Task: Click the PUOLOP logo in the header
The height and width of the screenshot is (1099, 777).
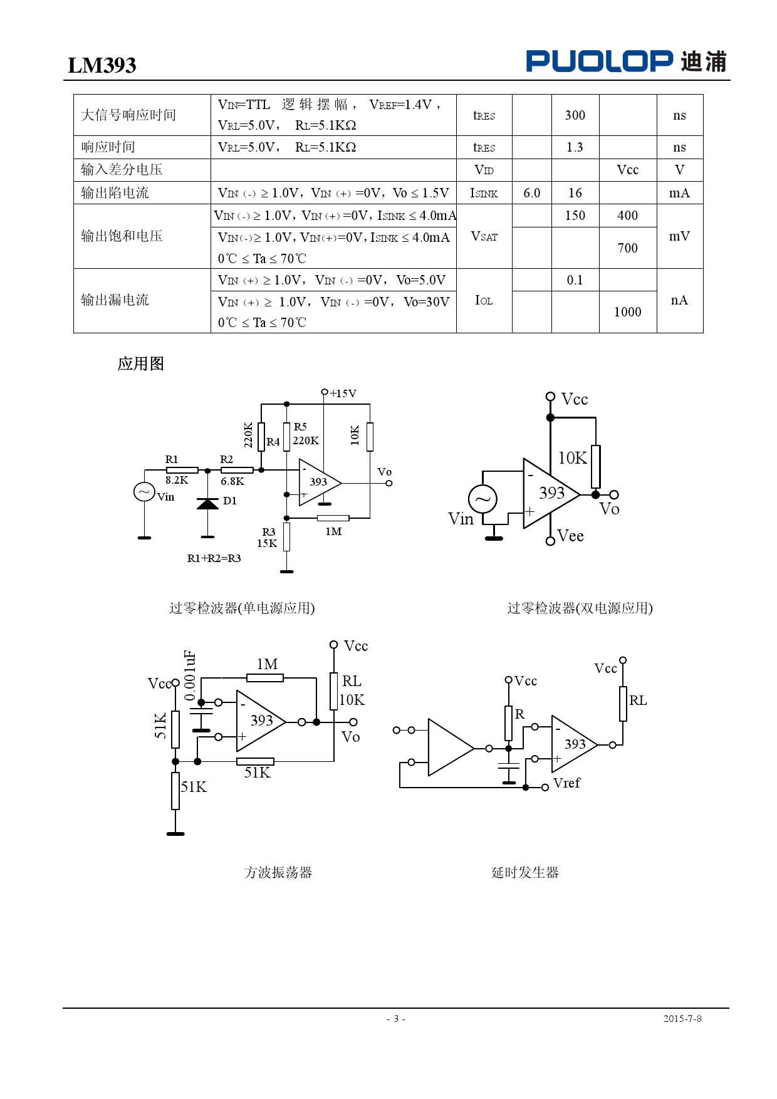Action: click(625, 61)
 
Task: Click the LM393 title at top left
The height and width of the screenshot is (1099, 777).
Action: click(102, 65)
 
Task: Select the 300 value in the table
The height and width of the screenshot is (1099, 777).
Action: click(575, 115)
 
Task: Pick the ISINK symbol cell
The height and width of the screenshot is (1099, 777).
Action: click(484, 193)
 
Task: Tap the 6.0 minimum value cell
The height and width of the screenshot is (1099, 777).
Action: click(531, 193)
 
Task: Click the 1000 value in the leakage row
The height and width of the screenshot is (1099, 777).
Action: click(627, 312)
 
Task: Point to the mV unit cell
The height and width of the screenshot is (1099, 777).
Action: click(679, 236)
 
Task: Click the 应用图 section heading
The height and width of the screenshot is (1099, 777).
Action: click(140, 364)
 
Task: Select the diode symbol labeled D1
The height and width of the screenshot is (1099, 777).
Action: click(208, 504)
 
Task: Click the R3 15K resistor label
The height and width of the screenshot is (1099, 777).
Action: click(268, 538)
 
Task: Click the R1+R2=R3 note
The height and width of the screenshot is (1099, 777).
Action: click(214, 558)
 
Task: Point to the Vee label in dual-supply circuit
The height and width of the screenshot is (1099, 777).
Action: click(570, 536)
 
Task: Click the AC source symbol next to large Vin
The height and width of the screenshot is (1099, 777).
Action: click(482, 499)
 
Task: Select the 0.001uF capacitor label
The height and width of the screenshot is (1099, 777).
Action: click(190, 675)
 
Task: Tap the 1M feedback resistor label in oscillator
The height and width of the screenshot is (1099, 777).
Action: click(267, 664)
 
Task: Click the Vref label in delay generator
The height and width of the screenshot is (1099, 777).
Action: click(566, 783)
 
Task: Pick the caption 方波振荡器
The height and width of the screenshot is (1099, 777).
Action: click(278, 872)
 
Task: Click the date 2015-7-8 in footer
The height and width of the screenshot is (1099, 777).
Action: click(682, 1019)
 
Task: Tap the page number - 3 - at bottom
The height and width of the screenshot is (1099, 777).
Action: click(395, 1019)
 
